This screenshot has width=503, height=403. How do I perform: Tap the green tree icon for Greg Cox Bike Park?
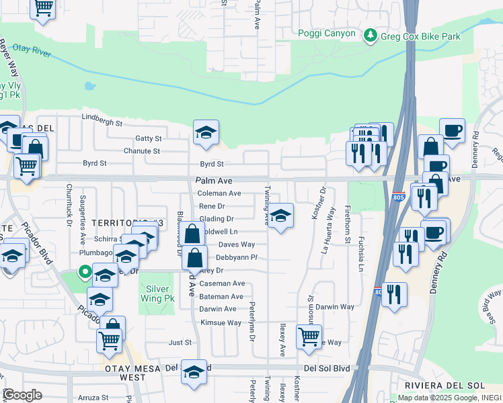click(x=369, y=36)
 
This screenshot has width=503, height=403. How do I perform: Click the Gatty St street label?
click(x=148, y=138)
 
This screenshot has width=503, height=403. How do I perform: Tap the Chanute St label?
click(x=142, y=151)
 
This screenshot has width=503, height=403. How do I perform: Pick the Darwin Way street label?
click(x=335, y=306)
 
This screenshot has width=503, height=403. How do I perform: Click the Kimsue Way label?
click(x=221, y=322)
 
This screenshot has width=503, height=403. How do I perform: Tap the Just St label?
click(x=180, y=343)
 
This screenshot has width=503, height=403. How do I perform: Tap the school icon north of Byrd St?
click(x=206, y=132)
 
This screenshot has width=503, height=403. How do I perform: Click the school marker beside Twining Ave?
click(x=280, y=216)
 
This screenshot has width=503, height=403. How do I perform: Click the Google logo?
click(x=22, y=395)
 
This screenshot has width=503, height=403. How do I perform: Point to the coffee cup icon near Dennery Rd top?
click(x=452, y=130)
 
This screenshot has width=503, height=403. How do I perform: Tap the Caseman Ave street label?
click(x=222, y=283)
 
